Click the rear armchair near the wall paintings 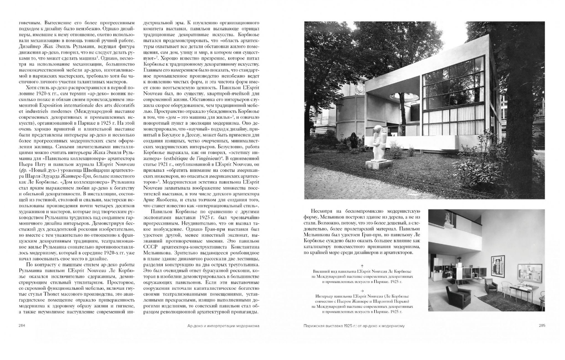point(491,285)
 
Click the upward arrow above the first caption point(362,266)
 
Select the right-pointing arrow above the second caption point(362,291)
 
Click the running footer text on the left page point(220,326)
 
